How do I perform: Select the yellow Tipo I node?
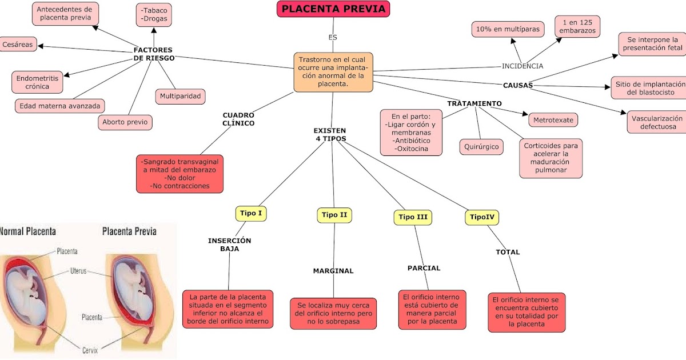pyautogui.click(x=251, y=214)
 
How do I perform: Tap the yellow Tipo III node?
pyautogui.click(x=413, y=217)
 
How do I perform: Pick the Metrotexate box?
pyautogui.click(x=553, y=120)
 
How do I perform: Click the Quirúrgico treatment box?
pyautogui.click(x=481, y=147)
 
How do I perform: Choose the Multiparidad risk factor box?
pyautogui.click(x=180, y=96)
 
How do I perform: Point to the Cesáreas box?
pyautogui.click(x=18, y=44)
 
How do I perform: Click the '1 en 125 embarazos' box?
pyautogui.click(x=577, y=26)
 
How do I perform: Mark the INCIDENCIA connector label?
pyautogui.click(x=523, y=66)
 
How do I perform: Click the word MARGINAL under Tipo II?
pyautogui.click(x=333, y=271)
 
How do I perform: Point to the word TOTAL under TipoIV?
pyautogui.click(x=508, y=252)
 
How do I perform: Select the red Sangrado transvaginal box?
pyautogui.click(x=180, y=174)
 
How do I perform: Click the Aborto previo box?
pyautogui.click(x=125, y=122)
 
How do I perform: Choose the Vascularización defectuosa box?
pyautogui.click(x=657, y=122)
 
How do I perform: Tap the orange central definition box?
pyautogui.click(x=333, y=71)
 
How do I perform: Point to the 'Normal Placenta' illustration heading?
pyautogui.click(x=29, y=231)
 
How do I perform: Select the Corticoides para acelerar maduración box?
pyautogui.click(x=551, y=158)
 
